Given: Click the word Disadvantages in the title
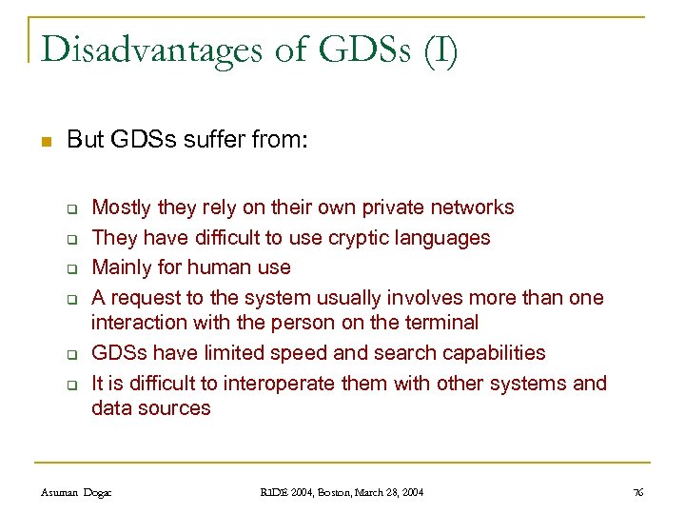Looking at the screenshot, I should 151,49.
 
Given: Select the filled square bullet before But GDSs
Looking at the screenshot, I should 43,142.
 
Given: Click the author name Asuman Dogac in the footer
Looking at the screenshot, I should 76,492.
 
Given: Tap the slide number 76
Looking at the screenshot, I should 637,492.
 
